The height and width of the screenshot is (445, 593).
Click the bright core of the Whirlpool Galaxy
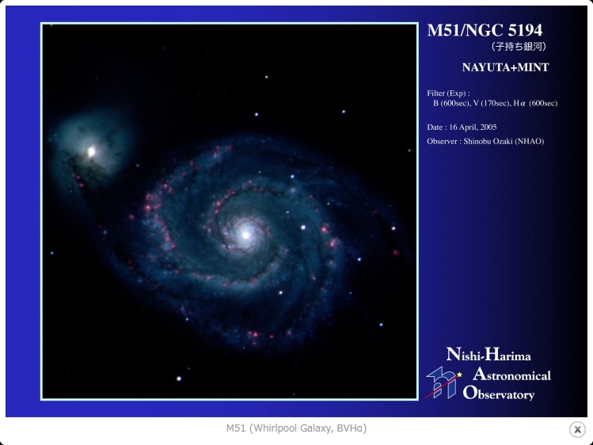(x=245, y=235)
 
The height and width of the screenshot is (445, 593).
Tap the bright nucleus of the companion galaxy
(x=91, y=151)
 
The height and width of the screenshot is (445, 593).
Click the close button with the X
(x=577, y=429)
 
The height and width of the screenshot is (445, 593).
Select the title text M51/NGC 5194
(x=485, y=30)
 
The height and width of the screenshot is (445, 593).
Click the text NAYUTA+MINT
(x=505, y=67)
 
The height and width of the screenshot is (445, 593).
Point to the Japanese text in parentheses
(x=519, y=47)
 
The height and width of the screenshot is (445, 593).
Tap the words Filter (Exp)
(x=449, y=93)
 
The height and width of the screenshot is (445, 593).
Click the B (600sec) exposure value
(x=451, y=103)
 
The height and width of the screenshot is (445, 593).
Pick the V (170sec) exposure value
(x=492, y=103)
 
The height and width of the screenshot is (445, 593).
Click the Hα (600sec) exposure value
(x=535, y=103)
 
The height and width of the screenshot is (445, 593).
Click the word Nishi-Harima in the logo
(x=488, y=355)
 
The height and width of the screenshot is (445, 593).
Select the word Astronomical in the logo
(x=511, y=375)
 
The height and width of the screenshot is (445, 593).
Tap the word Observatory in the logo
(x=499, y=394)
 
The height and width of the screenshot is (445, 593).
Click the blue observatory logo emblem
(x=442, y=382)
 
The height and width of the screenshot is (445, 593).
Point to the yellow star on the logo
(x=459, y=375)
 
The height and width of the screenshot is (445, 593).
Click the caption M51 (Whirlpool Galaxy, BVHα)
(x=296, y=428)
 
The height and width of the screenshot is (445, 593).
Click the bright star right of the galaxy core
(x=303, y=227)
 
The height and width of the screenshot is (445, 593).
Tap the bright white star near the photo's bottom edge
(x=179, y=378)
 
